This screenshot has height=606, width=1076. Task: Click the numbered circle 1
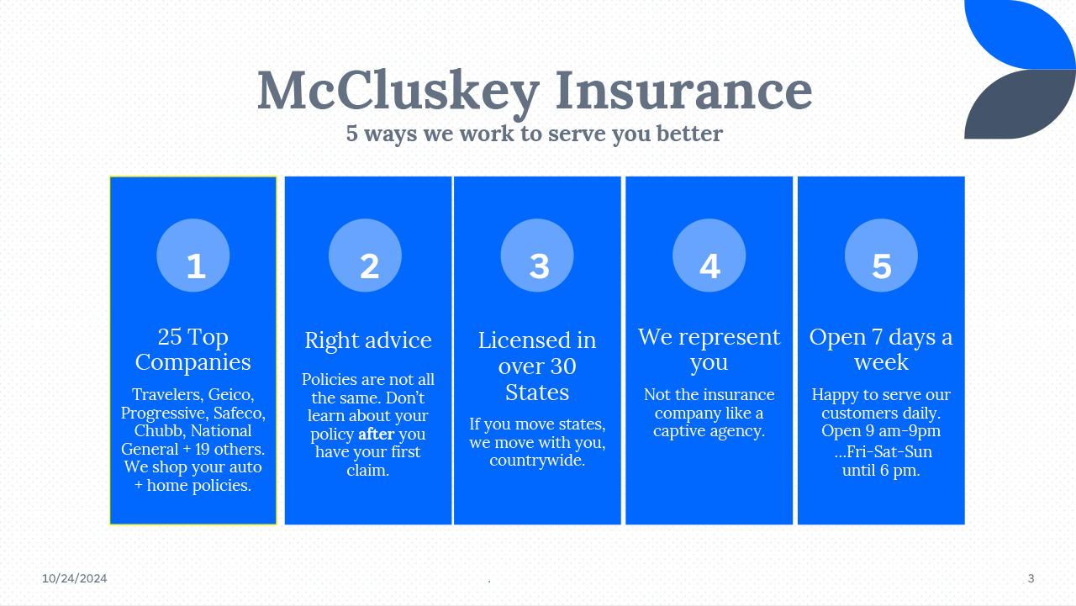click(193, 256)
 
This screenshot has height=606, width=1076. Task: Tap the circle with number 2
click(365, 256)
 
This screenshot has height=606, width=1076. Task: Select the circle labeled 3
click(537, 256)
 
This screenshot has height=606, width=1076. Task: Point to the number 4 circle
click(709, 256)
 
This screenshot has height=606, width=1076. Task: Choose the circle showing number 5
click(881, 256)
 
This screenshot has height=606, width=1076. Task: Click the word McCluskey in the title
click(398, 92)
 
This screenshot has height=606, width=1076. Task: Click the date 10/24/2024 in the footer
click(75, 578)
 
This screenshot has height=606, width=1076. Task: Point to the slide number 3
click(1031, 578)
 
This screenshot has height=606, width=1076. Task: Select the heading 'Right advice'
click(368, 340)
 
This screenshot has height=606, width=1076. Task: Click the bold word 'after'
click(376, 434)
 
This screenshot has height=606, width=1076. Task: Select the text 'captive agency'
click(708, 431)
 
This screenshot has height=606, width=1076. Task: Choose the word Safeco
click(239, 414)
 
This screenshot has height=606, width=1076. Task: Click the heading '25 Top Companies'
click(193, 350)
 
